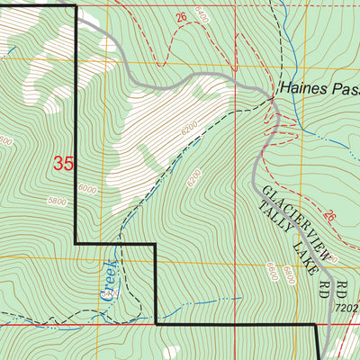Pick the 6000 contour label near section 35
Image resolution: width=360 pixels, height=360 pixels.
(86, 189)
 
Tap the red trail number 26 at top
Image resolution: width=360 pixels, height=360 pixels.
(181, 17)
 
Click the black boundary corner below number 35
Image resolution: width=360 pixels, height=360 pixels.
(76, 243)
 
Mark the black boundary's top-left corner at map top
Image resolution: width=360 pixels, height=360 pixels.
(76, 6)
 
